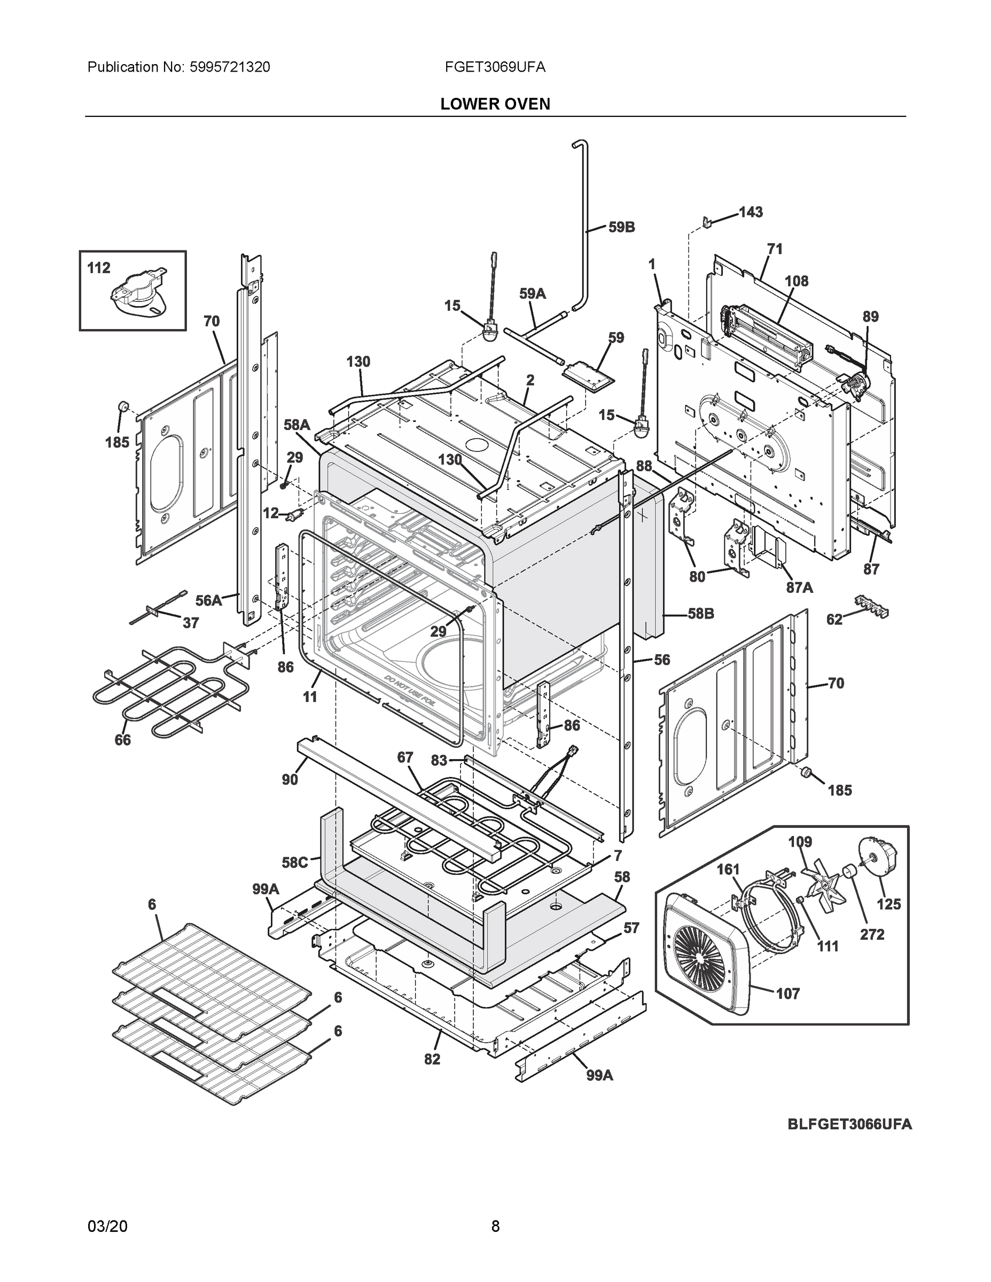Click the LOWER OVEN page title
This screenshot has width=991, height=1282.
(495, 104)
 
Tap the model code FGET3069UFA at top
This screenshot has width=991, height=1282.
(495, 67)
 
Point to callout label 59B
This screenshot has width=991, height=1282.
(621, 227)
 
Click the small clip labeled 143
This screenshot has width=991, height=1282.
(708, 222)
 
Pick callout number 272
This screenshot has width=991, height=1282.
(872, 934)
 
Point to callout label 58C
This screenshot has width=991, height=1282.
(295, 863)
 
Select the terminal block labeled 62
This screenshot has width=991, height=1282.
(872, 605)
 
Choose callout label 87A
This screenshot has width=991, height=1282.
(800, 587)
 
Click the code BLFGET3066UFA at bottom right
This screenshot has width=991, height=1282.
(849, 1124)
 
